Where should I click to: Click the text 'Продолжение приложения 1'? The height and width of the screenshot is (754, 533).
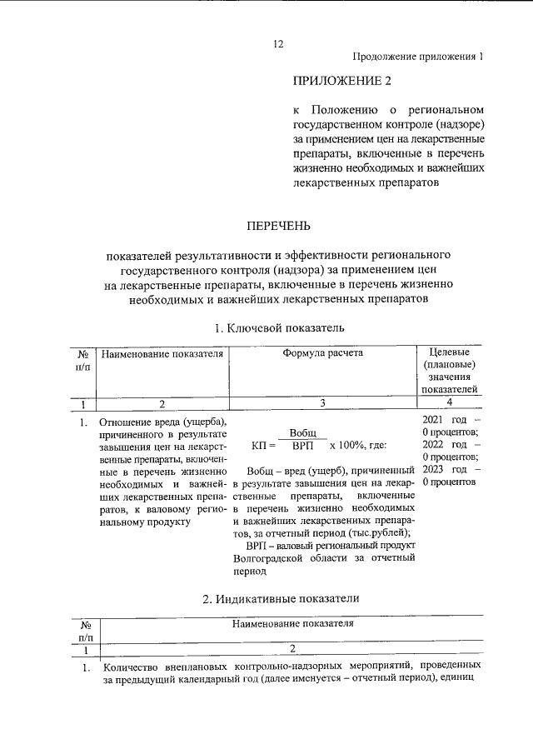(x=418, y=57)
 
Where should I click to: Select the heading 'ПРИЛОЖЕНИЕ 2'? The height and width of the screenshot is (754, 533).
(x=341, y=82)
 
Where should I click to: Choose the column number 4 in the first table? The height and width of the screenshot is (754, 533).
(x=449, y=403)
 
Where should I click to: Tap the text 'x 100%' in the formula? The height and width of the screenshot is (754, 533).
(x=347, y=447)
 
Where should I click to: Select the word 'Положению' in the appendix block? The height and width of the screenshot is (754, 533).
(x=345, y=110)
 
